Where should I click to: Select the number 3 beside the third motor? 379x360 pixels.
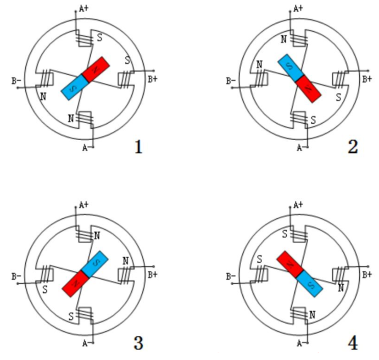tap(138, 344)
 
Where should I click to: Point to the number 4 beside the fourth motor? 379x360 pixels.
tap(352, 344)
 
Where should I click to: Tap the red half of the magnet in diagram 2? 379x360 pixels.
tap(309, 88)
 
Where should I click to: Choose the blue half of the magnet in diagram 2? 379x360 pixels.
tap(288, 67)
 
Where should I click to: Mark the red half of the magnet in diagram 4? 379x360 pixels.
tap(287, 264)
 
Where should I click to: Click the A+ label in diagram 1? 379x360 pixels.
tap(85, 8)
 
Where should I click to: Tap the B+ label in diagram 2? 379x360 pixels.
tap(366, 79)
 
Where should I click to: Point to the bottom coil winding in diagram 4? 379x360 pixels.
tap(299, 315)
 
